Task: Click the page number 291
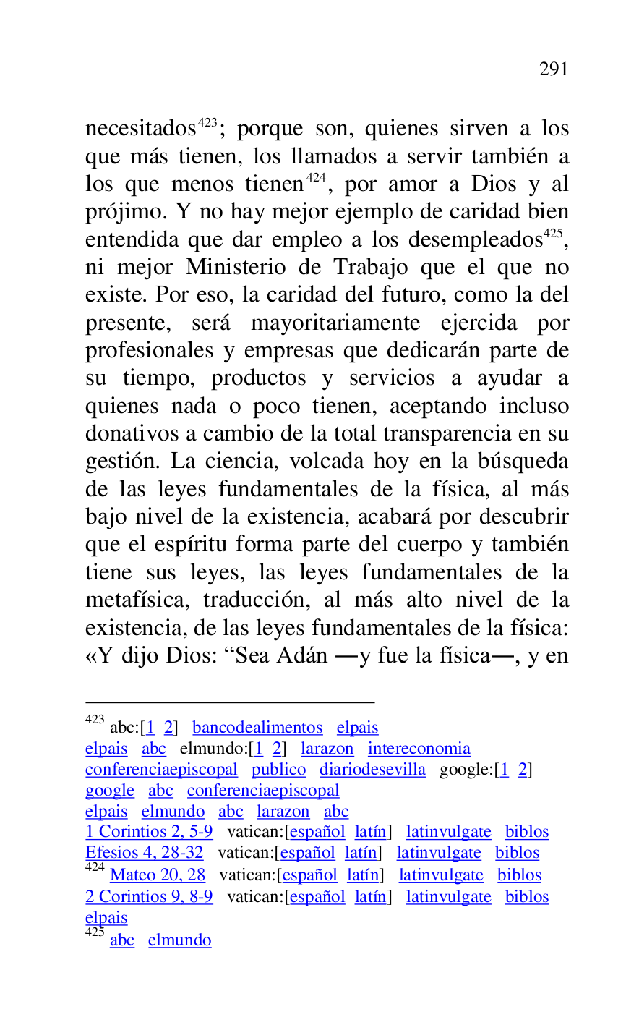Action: click(554, 69)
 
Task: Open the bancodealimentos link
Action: click(257, 728)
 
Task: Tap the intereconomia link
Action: click(419, 749)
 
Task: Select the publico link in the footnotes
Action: click(278, 770)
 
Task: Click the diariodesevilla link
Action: click(372, 770)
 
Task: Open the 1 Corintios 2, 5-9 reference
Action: click(149, 833)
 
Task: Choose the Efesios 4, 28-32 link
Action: click(145, 854)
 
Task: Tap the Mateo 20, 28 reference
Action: click(158, 875)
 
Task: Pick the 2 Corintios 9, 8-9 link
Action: click(149, 897)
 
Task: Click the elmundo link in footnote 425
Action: click(179, 940)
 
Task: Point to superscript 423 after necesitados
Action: click(207, 123)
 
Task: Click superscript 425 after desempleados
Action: click(553, 234)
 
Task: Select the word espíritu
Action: click(195, 545)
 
